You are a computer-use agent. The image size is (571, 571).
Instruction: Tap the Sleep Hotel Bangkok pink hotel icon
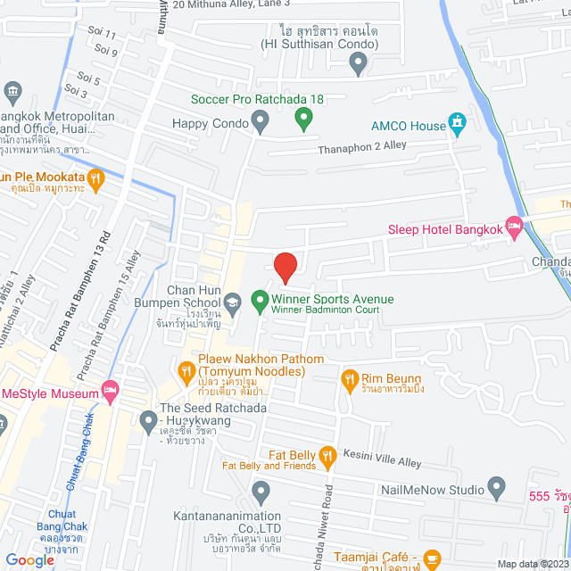(514, 228)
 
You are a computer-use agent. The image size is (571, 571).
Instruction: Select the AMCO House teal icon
(457, 124)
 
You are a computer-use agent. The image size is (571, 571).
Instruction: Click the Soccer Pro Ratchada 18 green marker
(303, 117)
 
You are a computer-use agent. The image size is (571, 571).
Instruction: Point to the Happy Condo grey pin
(261, 120)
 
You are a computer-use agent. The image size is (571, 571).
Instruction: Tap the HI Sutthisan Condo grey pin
(358, 62)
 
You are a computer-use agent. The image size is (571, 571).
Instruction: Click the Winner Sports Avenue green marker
(260, 301)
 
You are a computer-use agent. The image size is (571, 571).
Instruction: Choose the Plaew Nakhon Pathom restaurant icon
(186, 369)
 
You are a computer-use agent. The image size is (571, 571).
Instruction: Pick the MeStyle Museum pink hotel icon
(110, 390)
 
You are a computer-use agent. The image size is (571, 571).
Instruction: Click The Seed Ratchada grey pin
(148, 418)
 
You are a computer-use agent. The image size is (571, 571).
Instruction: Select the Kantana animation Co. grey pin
(261, 491)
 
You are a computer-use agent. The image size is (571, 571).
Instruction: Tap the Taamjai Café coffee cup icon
(432, 559)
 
